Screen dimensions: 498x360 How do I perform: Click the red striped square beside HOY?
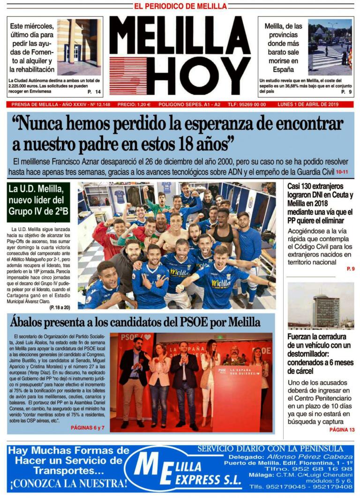[127, 75]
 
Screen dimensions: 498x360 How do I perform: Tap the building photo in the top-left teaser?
[78, 47]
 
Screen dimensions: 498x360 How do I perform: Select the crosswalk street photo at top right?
[330, 47]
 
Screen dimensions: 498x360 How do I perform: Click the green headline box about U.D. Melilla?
[38, 201]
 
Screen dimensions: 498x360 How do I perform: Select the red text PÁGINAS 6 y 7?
[87, 428]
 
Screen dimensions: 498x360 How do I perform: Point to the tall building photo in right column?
[321, 305]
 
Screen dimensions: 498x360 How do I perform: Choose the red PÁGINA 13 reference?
[342, 430]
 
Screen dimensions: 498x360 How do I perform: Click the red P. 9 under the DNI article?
[350, 268]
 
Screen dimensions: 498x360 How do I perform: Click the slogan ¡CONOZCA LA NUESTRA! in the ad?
[68, 483]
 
